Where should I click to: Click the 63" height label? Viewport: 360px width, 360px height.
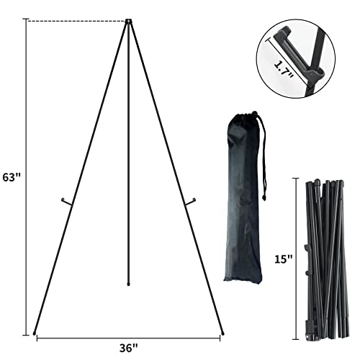[11, 176]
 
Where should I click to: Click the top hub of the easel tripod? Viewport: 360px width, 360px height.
[128, 22]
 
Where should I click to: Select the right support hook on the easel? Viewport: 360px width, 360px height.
[189, 204]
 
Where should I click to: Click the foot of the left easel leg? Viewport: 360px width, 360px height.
[35, 332]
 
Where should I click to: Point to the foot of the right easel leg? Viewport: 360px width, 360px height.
[222, 332]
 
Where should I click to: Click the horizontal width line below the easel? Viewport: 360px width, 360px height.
[130, 336]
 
